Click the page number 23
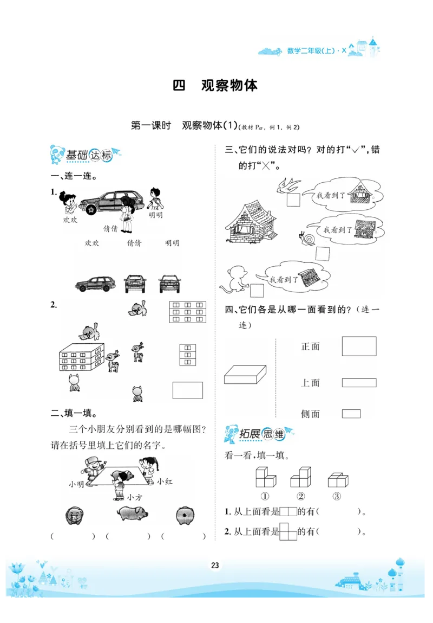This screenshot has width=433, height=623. (215, 566)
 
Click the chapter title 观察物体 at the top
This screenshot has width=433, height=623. (229, 86)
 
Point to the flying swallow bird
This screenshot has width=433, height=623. (288, 185)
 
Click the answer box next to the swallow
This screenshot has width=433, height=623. (294, 200)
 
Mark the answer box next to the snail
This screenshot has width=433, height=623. (323, 254)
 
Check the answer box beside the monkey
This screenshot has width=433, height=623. (257, 291)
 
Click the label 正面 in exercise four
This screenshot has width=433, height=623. (310, 346)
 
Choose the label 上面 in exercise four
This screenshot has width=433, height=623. (310, 383)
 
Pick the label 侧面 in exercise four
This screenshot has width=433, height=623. (310, 414)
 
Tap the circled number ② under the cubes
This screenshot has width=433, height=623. (301, 496)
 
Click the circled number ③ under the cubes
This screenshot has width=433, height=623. (337, 496)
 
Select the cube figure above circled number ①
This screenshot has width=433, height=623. (265, 477)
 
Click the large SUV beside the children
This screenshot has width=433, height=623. (113, 202)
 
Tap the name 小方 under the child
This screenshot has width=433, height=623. (134, 497)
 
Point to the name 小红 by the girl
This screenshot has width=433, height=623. (165, 481)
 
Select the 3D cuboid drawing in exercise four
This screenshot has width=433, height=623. (245, 375)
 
